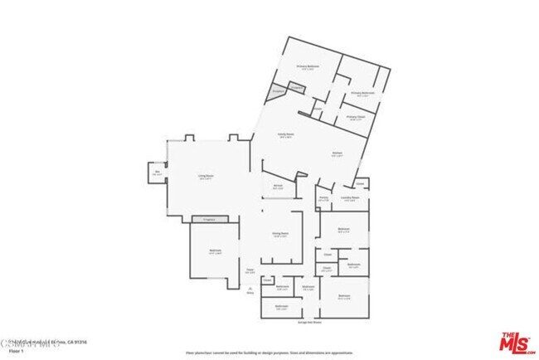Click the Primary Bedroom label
(x=307, y=67)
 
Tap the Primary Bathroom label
(x=362, y=93)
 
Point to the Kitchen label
(x=337, y=154)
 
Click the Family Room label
(x=285, y=134)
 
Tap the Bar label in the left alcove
(x=157, y=173)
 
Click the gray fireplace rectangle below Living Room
(x=205, y=218)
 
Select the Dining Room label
(x=280, y=235)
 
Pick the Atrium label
(x=279, y=186)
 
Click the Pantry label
(x=323, y=199)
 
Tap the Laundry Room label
(x=350, y=199)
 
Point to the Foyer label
(x=249, y=270)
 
